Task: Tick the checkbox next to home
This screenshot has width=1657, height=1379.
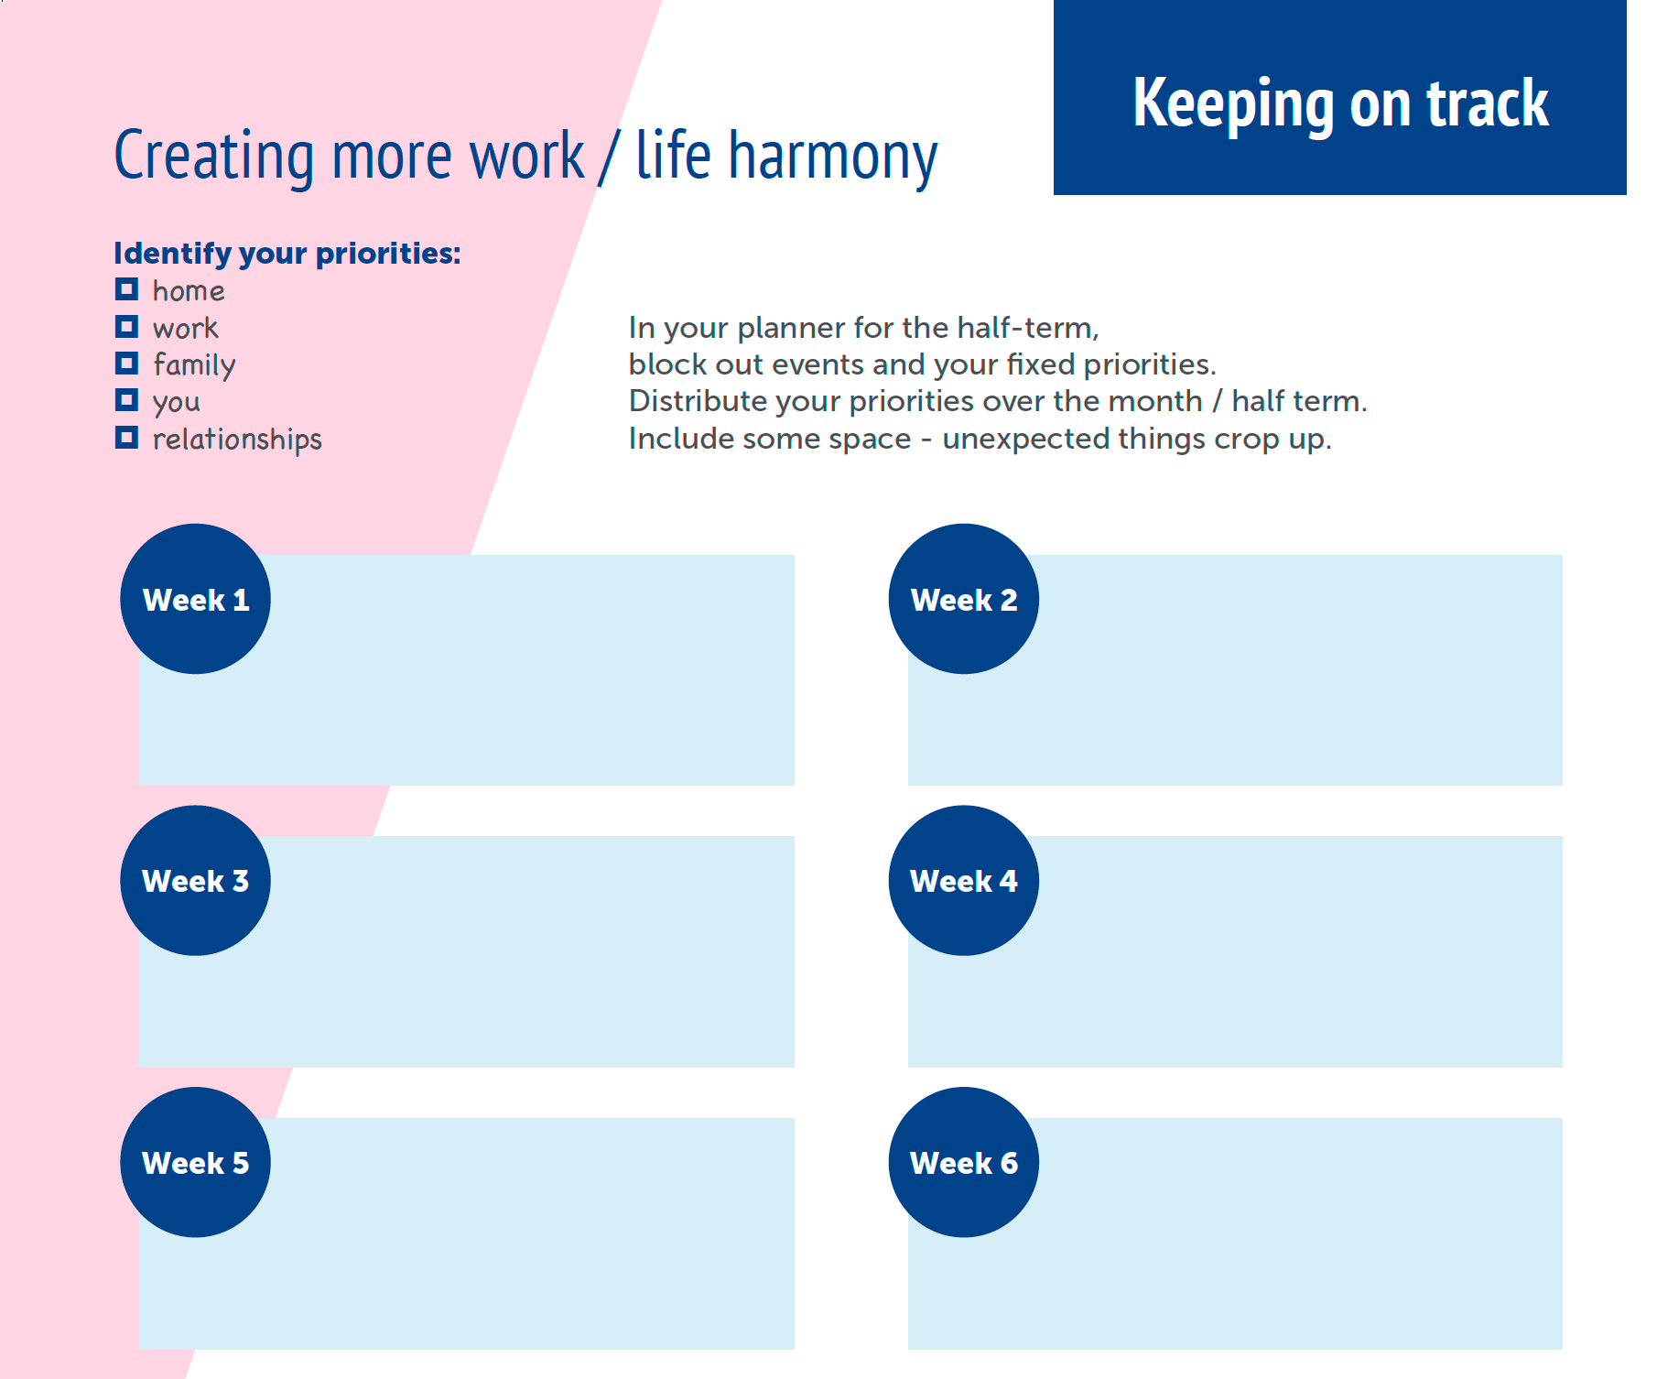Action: [126, 289]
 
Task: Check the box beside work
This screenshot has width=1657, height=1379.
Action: [126, 326]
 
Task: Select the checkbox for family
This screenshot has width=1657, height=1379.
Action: [126, 364]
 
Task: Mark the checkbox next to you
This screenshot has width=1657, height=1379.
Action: [126, 400]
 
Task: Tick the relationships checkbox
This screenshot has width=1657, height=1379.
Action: [126, 438]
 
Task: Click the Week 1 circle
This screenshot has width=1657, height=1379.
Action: [196, 599]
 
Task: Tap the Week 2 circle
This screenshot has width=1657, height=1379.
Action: [964, 599]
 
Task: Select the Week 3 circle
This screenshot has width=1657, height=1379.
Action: [196, 881]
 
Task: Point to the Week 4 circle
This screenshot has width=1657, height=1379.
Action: [964, 881]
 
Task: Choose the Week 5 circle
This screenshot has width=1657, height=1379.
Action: [196, 1163]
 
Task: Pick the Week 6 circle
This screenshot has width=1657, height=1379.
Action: [964, 1163]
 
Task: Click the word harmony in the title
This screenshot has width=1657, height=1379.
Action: [833, 157]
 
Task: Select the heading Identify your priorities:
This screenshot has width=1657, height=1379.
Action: [287, 254]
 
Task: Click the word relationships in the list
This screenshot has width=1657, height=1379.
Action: [237, 440]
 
